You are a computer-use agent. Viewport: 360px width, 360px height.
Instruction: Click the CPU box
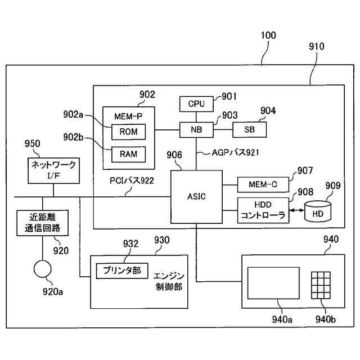coord(196,104)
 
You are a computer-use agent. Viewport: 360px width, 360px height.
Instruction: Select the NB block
coord(196,130)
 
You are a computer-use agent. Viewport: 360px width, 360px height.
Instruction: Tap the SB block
coord(250,130)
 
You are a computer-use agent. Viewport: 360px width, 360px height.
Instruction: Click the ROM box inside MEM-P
coord(128,132)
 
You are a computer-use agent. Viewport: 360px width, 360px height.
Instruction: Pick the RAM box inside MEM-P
coord(128,154)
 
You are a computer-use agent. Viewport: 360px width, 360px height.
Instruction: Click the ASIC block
coord(196,196)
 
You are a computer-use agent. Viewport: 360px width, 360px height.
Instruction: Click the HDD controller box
coord(263,210)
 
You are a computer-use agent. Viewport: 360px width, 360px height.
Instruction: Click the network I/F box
coord(53,170)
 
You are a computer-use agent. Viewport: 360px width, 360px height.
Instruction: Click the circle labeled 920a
coord(42,268)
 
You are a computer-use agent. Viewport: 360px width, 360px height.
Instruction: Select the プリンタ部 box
coord(121,271)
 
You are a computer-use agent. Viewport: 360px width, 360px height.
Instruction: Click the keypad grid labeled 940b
coord(322,285)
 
